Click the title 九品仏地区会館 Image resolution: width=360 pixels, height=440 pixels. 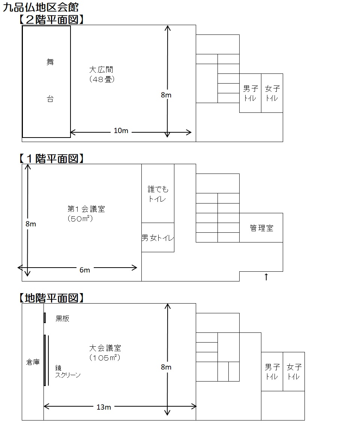tap(41, 7)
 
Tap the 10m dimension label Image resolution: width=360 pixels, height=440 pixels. tap(121, 131)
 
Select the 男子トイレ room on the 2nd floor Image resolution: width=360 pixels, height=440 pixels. tap(250, 93)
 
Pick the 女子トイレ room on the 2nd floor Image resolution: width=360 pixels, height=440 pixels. tap(272, 93)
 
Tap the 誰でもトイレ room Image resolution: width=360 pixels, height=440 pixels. tap(158, 194)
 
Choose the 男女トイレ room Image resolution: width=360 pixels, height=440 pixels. tap(158, 237)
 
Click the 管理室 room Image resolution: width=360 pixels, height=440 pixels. tap(261, 228)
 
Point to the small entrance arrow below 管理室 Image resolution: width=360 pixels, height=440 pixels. tap(266, 277)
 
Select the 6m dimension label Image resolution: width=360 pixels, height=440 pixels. tap(85, 270)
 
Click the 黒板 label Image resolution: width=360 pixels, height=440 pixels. tap(62, 319)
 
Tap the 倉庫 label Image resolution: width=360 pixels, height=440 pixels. tap(33, 362)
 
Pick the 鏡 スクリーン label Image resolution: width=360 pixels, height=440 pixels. tap(67, 371)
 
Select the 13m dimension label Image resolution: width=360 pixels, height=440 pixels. tap(104, 407)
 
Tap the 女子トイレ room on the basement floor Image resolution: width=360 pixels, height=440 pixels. tap(294, 371)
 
